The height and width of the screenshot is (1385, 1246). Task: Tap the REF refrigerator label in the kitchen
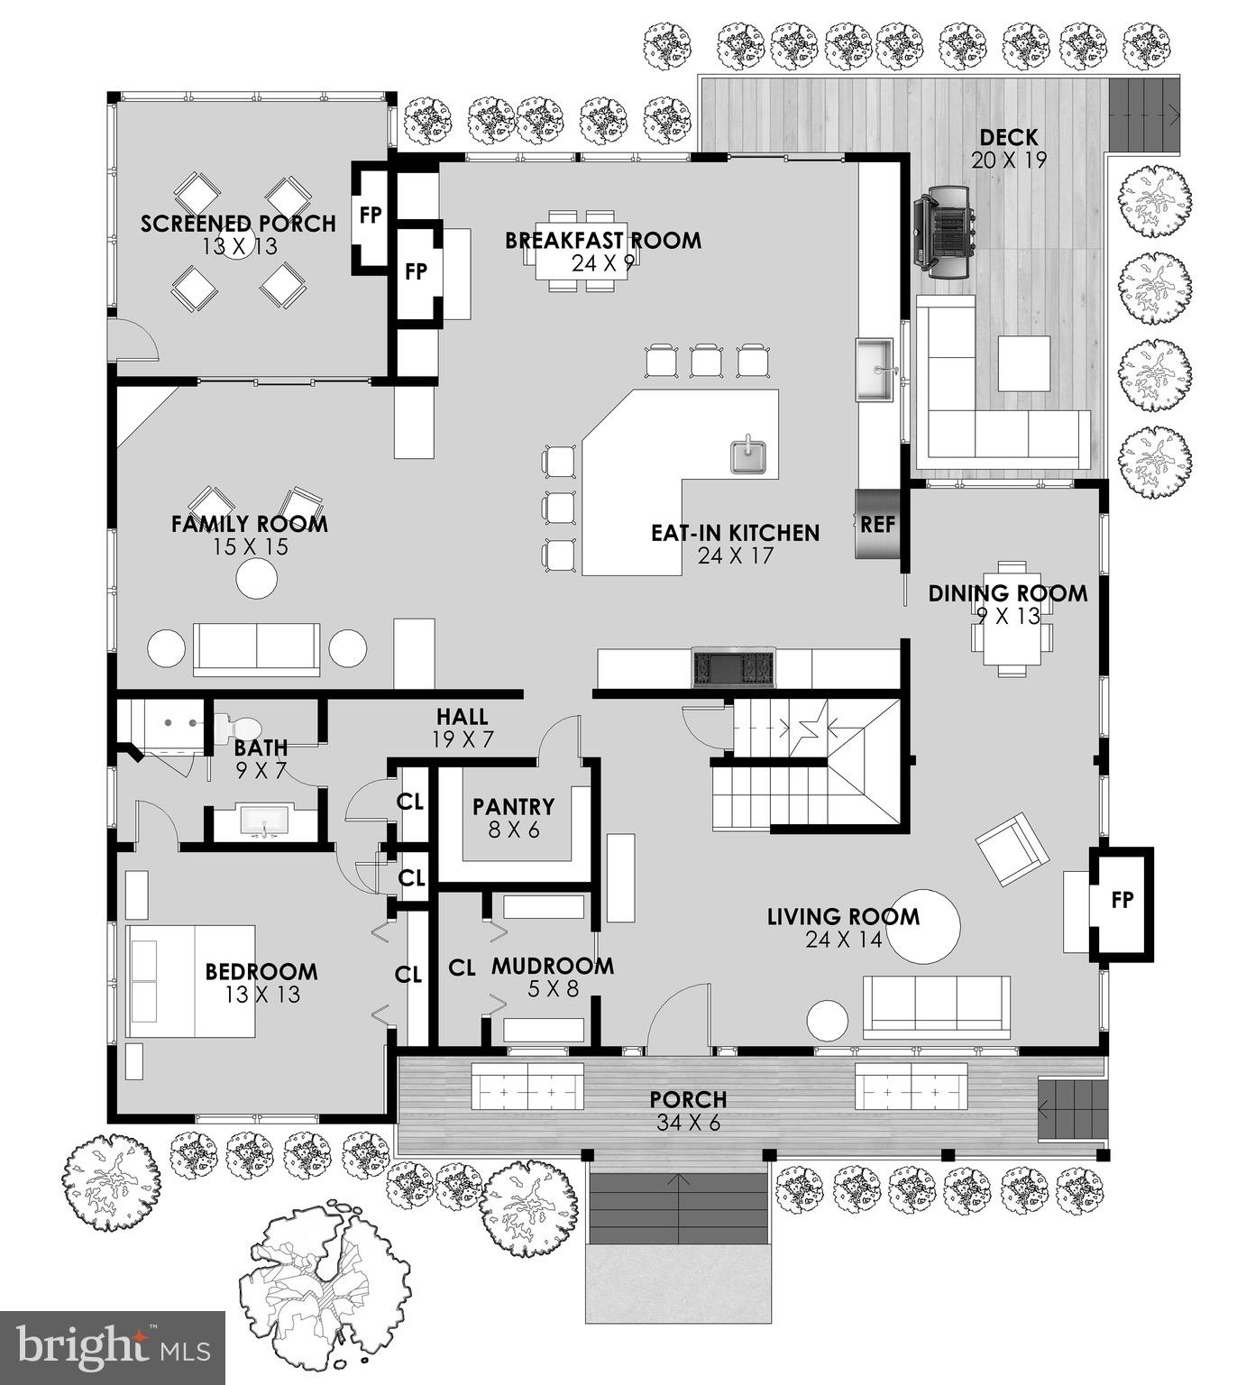[877, 524]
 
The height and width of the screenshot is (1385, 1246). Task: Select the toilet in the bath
[237, 727]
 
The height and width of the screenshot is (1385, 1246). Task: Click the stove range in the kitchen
[733, 668]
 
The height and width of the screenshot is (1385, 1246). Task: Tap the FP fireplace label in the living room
[1122, 899]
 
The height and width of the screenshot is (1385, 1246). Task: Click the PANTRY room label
[513, 807]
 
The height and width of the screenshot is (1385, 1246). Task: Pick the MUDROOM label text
[552, 966]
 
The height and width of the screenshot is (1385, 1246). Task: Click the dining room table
[1012, 618]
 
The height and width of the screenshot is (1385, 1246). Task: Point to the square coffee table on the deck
[1023, 362]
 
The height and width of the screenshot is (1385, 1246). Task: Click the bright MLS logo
[112, 1347]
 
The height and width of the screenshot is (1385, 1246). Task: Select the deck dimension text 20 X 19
[1008, 161]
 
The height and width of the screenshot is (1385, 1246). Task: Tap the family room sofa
[256, 648]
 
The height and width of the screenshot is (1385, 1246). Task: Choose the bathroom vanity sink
[262, 821]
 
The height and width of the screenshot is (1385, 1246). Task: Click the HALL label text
[463, 717]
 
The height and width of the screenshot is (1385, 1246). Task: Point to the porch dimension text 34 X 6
[688, 1124]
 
